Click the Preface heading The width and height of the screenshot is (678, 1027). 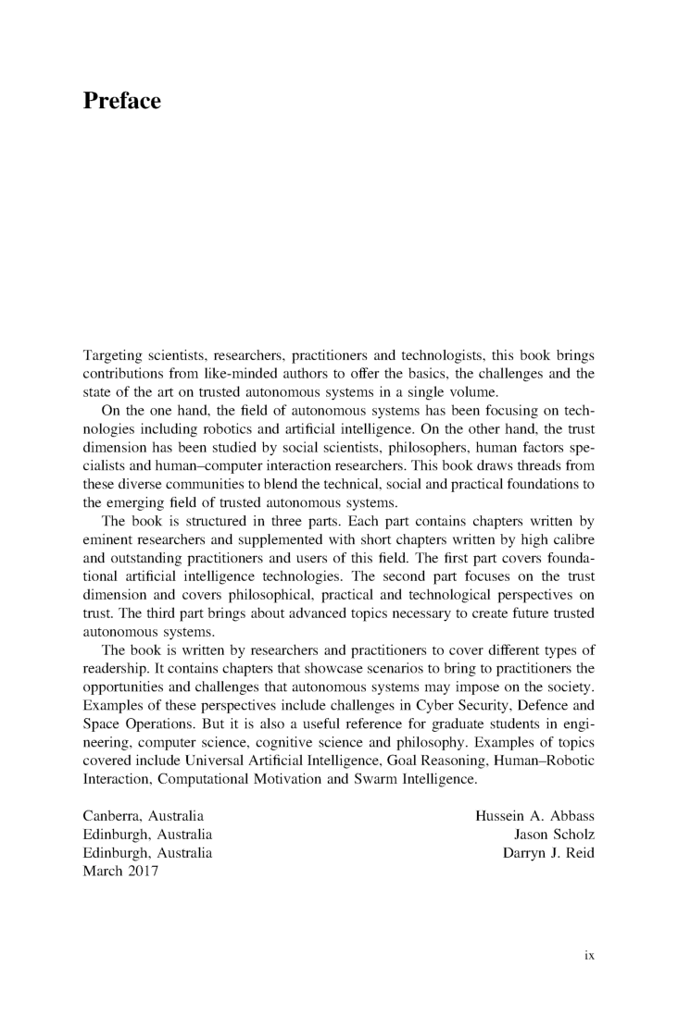click(x=122, y=101)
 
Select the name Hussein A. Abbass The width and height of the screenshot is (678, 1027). click(x=534, y=817)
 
